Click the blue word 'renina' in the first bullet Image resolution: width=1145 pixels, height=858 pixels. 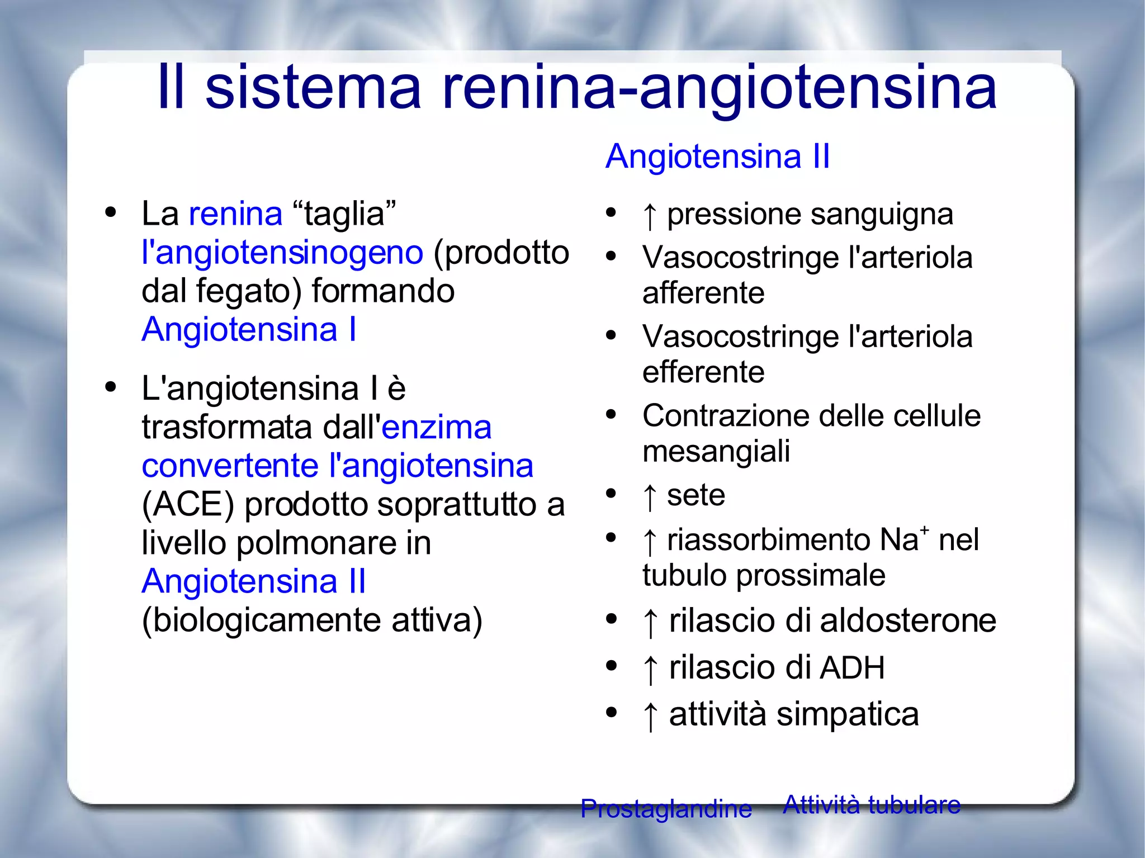coord(235,214)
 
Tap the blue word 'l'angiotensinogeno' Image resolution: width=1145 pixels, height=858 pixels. coord(282,253)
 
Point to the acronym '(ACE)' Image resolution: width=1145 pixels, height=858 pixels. coord(188,505)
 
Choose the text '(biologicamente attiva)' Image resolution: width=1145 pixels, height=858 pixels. coord(312,620)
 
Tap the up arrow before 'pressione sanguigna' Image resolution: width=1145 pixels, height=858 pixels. coord(649,216)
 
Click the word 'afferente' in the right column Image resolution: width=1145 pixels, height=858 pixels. coord(703,293)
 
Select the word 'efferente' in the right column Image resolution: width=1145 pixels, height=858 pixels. coord(703,372)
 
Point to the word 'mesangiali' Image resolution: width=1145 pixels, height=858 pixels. coord(716,451)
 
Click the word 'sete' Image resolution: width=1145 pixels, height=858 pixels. coord(695,495)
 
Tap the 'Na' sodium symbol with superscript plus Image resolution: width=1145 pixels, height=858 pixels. coord(903,539)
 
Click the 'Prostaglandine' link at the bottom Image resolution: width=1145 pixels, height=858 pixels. coord(666,809)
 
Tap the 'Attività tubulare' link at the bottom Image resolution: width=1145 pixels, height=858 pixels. coord(872,805)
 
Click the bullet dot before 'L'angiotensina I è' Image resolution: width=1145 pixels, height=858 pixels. coord(111,387)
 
